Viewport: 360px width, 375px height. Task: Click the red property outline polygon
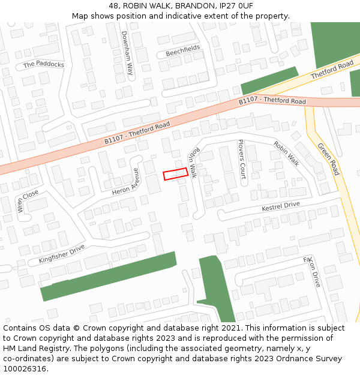pyautogui.click(x=176, y=174)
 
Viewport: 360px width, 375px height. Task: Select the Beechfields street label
pyautogui.click(x=182, y=51)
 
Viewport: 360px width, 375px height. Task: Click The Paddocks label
pyautogui.click(x=43, y=64)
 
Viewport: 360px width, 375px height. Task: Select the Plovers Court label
pyautogui.click(x=242, y=159)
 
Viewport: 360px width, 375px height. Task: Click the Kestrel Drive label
pyautogui.click(x=280, y=206)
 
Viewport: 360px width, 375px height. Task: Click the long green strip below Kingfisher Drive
pyautogui.click(x=108, y=277)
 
